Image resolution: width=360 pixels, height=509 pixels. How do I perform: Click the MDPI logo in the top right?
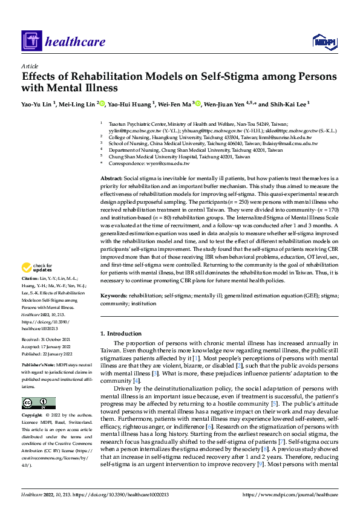tap(322, 41)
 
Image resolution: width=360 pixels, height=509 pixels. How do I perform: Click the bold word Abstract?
tap(111, 179)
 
